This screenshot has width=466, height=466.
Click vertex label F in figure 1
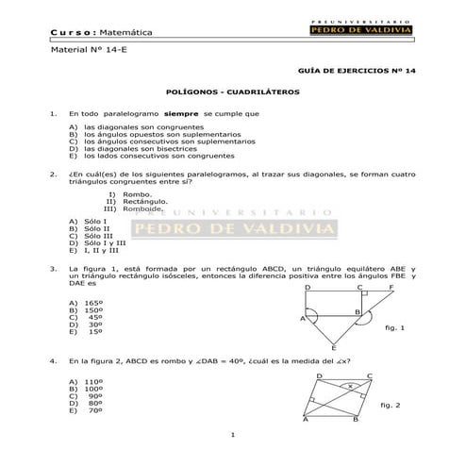(391, 285)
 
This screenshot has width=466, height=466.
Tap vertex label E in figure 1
(332, 348)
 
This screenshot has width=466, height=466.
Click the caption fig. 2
(391, 405)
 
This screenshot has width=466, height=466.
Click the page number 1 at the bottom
(232, 433)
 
